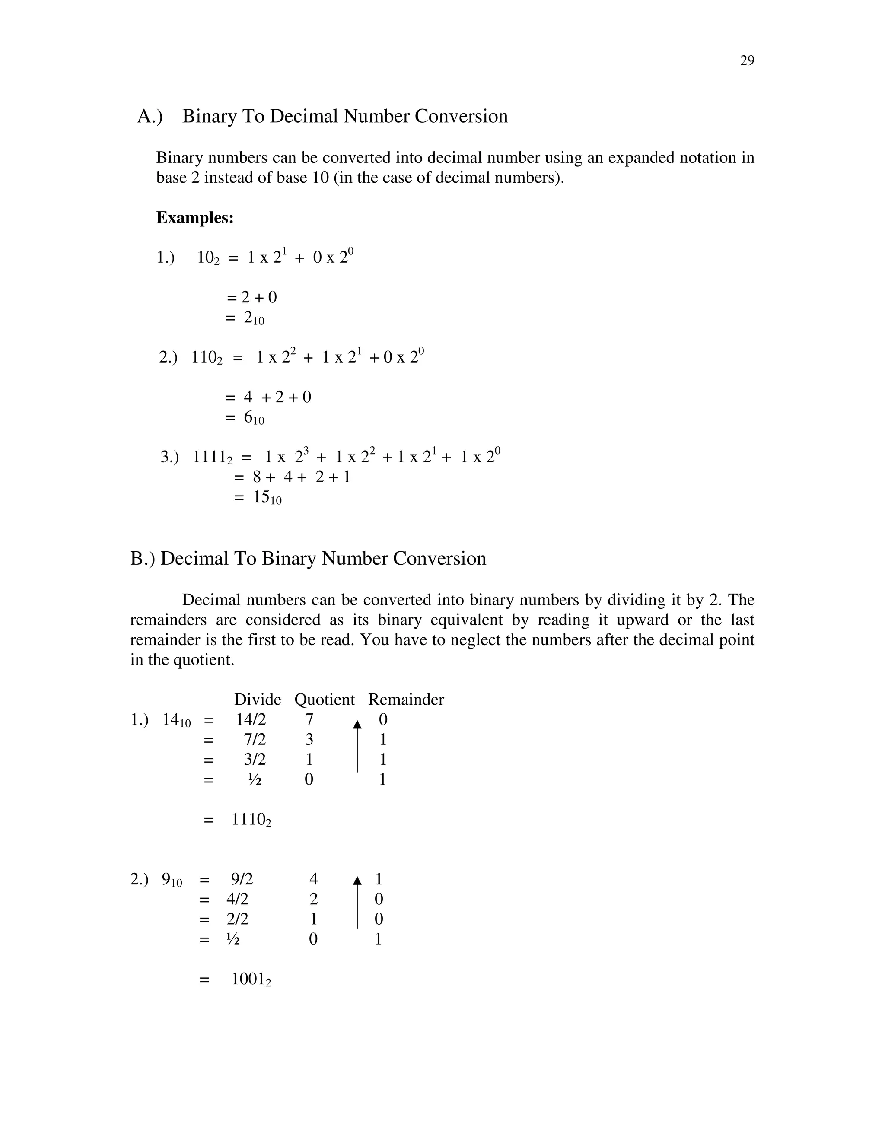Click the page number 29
tap(747, 61)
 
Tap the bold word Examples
tap(194, 218)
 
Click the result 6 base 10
tap(254, 418)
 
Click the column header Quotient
tap(325, 700)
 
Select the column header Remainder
tap(406, 700)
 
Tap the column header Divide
tap(258, 700)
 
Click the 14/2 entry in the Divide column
tap(251, 719)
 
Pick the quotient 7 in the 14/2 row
tap(309, 719)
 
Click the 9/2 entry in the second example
tap(242, 879)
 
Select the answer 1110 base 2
tap(251, 819)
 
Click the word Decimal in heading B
tap(194, 558)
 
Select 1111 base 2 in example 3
tap(212, 457)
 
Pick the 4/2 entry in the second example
tap(238, 899)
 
